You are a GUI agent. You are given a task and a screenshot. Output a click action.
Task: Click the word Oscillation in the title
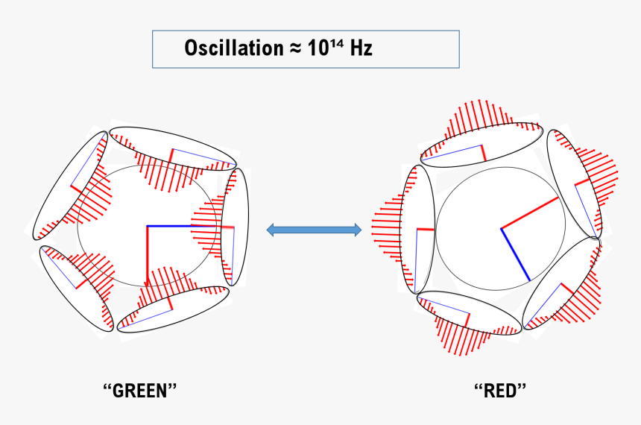click(232, 49)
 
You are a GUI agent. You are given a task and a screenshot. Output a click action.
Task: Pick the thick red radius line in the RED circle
click(529, 213)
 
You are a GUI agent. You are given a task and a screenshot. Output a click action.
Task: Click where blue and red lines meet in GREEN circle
click(148, 225)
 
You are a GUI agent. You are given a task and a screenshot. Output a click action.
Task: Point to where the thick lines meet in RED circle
click(501, 228)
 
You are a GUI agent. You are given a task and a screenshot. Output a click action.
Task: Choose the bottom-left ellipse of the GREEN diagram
click(76, 288)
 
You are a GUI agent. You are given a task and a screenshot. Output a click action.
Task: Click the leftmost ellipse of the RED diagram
click(418, 230)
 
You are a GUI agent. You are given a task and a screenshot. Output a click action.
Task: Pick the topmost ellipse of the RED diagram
click(481, 142)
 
